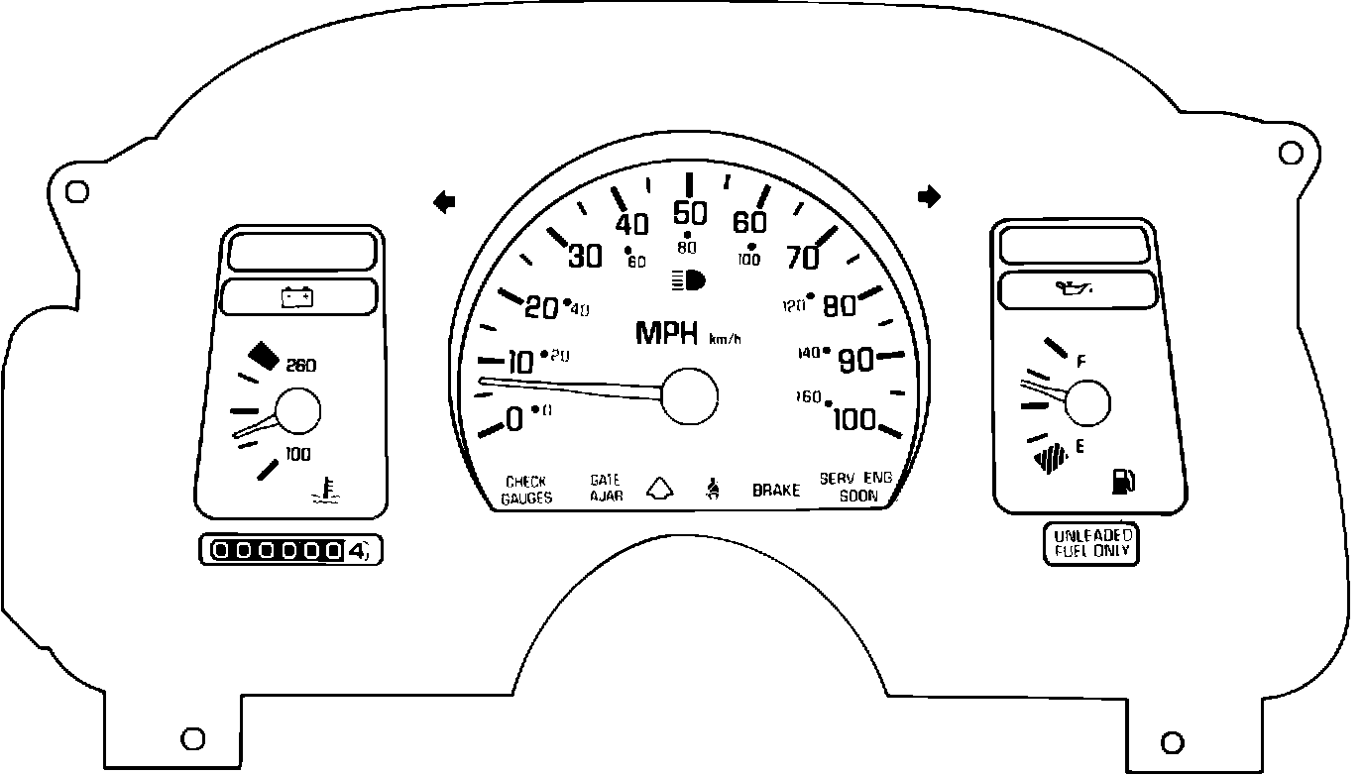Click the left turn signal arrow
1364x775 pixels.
tap(445, 202)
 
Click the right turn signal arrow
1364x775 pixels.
tap(929, 197)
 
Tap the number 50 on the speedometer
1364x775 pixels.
tap(689, 215)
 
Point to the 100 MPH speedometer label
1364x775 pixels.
tap(854, 420)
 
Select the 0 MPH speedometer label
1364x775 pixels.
tap(513, 420)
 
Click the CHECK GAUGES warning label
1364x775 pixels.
tap(525, 490)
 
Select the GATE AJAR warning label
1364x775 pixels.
tap(606, 488)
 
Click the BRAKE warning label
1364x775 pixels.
tap(775, 491)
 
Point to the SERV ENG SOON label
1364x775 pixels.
tap(856, 487)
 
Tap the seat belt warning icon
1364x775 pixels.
tap(712, 488)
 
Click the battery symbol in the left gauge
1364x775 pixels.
tap(297, 296)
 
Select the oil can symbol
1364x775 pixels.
tap(1077, 290)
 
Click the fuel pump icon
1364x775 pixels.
tap(1124, 482)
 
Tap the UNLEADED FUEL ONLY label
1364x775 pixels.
tap(1091, 543)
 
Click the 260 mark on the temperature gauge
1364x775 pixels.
tap(300, 366)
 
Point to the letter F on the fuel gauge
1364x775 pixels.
tap(1081, 362)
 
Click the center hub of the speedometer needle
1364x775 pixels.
tap(689, 396)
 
